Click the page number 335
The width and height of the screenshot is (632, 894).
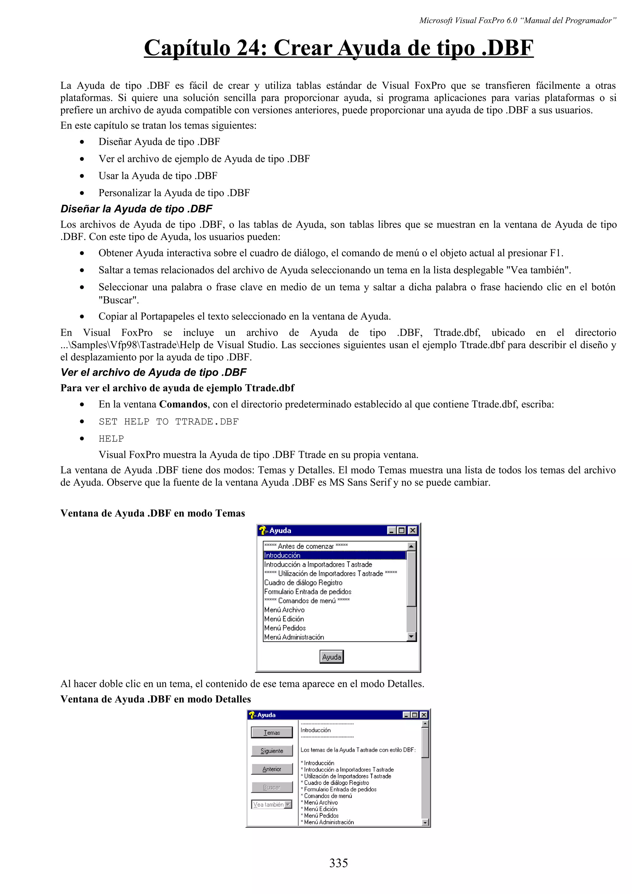pyautogui.click(x=339, y=863)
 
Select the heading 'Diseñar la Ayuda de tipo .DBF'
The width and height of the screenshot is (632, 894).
pyautogui.click(x=136, y=209)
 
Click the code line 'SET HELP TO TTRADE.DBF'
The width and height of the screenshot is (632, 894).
pyautogui.click(x=168, y=421)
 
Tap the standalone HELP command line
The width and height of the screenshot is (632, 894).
pyautogui.click(x=111, y=438)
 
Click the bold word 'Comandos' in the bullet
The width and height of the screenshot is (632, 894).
pyautogui.click(x=183, y=404)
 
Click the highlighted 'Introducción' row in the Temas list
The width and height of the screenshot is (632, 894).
pyautogui.click(x=334, y=555)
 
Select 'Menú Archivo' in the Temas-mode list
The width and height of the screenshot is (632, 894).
pyautogui.click(x=284, y=610)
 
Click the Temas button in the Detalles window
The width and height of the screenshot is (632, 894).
pyautogui.click(x=272, y=732)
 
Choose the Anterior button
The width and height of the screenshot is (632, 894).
pyautogui.click(x=272, y=769)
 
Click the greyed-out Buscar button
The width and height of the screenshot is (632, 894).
pyautogui.click(x=272, y=787)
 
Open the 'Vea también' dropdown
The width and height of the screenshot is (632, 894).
pyautogui.click(x=288, y=805)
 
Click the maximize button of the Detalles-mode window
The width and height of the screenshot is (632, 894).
pyautogui.click(x=415, y=715)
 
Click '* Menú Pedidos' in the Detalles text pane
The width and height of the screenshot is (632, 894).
pyautogui.click(x=320, y=815)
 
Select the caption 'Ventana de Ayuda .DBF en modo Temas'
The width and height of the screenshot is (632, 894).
pyautogui.click(x=153, y=513)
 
